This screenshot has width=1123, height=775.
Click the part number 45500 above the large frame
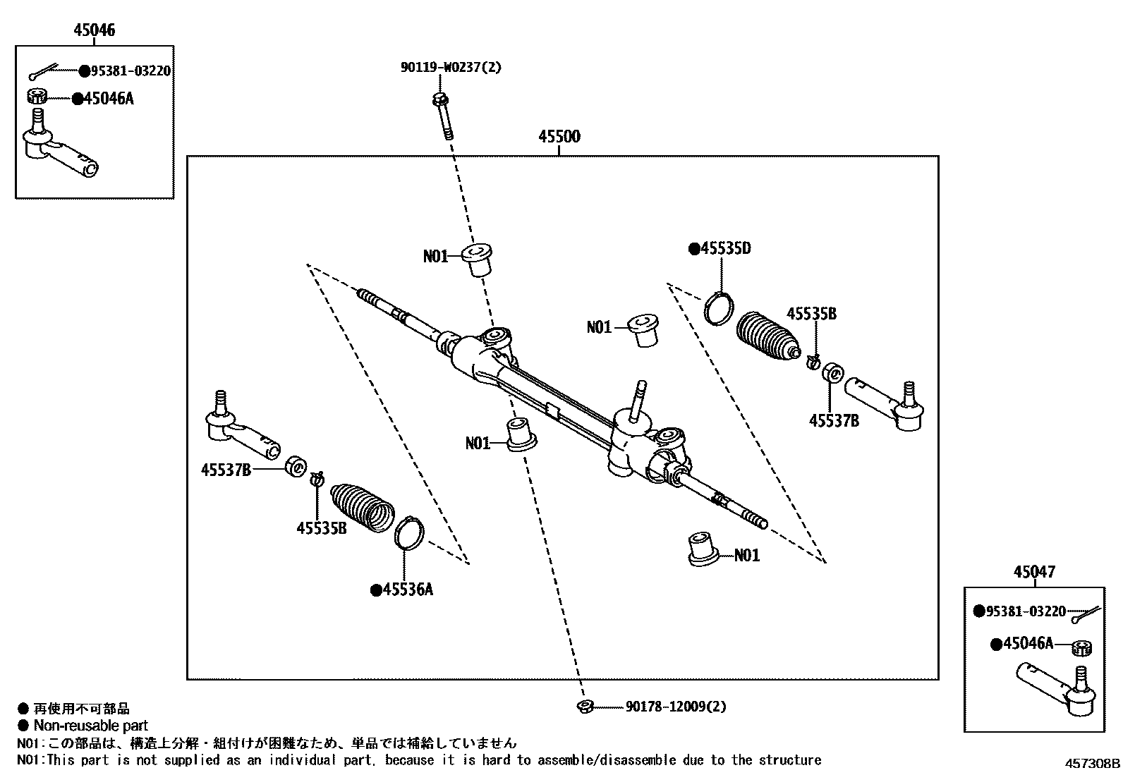(x=559, y=136)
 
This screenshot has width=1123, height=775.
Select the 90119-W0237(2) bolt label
(x=451, y=68)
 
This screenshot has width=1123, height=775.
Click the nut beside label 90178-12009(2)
(x=585, y=707)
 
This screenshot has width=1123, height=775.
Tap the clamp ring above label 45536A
(x=408, y=532)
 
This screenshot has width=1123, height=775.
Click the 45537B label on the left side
(x=226, y=469)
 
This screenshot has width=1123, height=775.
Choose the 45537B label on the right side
(x=833, y=421)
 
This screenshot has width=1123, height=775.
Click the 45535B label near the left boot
(x=321, y=527)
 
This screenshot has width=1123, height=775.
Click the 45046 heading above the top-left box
(x=94, y=30)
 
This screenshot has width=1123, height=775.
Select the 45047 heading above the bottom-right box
(x=1034, y=572)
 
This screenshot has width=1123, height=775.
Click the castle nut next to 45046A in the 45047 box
(x=1081, y=647)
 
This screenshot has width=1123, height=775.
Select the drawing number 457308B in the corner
(x=1092, y=763)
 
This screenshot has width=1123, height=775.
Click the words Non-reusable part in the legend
(x=90, y=726)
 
